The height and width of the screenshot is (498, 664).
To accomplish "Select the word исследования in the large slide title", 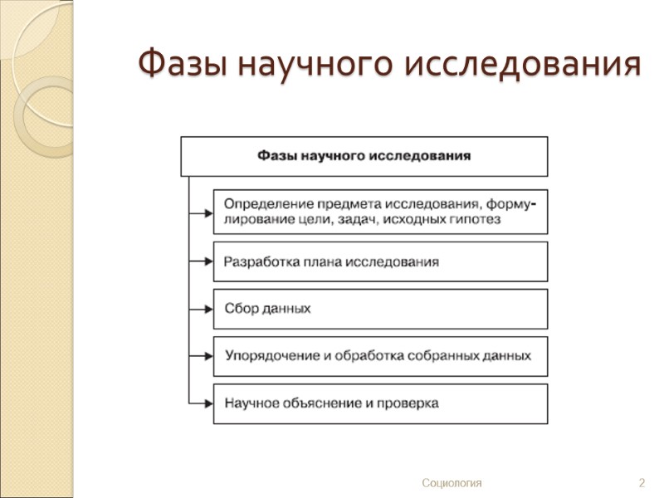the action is [x=524, y=64].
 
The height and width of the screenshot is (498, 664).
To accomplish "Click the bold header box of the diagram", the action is [x=364, y=156].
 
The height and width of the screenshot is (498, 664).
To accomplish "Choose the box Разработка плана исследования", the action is [x=380, y=261].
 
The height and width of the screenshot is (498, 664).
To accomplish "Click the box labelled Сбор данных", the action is [x=380, y=309].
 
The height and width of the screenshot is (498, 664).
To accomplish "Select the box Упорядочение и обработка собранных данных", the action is [x=380, y=356].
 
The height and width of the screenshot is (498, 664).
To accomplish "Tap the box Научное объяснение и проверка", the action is [x=380, y=403].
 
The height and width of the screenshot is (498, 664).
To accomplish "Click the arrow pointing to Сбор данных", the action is [x=202, y=309].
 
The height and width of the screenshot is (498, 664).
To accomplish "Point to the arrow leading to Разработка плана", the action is [x=202, y=261].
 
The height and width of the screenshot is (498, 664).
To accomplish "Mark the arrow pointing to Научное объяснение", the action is [x=202, y=403].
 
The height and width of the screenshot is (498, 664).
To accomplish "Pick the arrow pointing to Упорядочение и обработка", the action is [x=202, y=356].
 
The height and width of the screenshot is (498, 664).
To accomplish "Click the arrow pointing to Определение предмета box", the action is [x=202, y=212].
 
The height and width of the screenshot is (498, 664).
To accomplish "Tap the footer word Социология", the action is [x=452, y=483].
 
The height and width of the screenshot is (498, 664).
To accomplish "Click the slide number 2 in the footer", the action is [x=642, y=483].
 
